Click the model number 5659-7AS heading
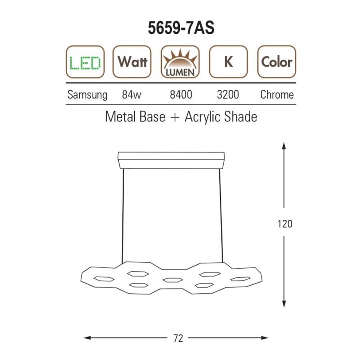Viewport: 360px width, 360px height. (181, 28)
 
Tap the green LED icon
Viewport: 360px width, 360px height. (85, 62)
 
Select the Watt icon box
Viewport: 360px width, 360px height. (132, 62)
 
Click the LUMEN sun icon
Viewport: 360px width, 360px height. (180, 62)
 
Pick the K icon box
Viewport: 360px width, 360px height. (229, 62)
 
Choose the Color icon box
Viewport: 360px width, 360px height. (276, 62)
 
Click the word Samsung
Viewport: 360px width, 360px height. (87, 95)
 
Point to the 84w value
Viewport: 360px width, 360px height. (131, 95)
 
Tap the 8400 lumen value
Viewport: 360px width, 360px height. (181, 95)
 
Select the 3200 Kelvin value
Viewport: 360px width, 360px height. (228, 95)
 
